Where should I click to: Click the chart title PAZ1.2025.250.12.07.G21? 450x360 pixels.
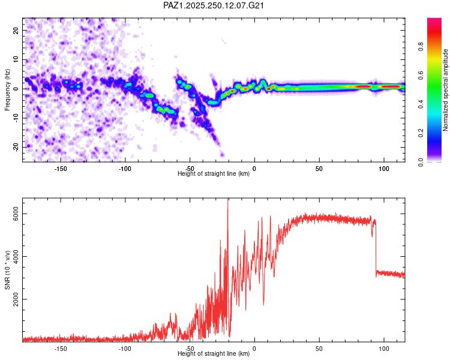(x=213, y=5)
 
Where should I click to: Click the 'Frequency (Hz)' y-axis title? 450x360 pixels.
(x=7, y=90)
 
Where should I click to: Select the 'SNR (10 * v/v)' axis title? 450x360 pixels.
(x=7, y=270)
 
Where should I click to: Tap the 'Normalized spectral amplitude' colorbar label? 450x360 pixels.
(x=445, y=90)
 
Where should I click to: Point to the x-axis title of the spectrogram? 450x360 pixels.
(x=214, y=173)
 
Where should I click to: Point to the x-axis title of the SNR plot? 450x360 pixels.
(x=214, y=353)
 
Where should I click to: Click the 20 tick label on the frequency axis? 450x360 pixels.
(x=16, y=30)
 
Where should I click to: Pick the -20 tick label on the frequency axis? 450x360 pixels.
(x=16, y=147)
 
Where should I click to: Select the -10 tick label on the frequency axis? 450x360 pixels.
(x=16, y=118)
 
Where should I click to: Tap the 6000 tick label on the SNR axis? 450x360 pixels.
(x=16, y=214)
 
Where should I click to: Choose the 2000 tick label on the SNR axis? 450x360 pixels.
(x=16, y=299)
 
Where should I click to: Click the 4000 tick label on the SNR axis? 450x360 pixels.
(x=16, y=257)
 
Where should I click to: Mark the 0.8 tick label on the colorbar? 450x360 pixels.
(x=421, y=47)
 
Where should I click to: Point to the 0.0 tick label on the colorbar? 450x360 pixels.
(x=421, y=162)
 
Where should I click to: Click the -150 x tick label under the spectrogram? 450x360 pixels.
(x=60, y=169)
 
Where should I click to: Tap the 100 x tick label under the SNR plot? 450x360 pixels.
(x=384, y=349)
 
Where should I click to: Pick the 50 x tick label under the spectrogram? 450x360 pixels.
(x=319, y=169)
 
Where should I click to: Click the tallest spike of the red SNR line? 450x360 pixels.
(x=228, y=199)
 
